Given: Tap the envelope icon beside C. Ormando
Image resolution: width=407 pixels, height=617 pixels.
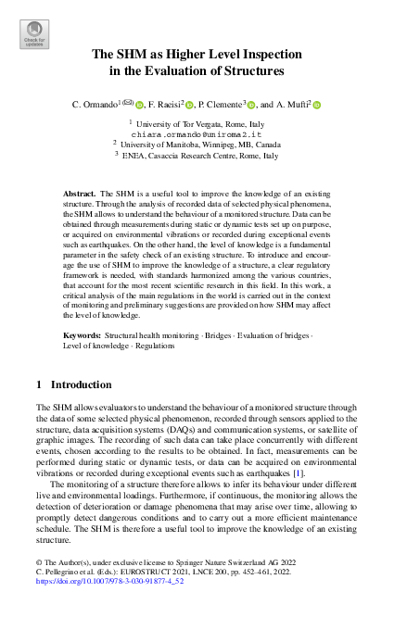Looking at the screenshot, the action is click(129, 103).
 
